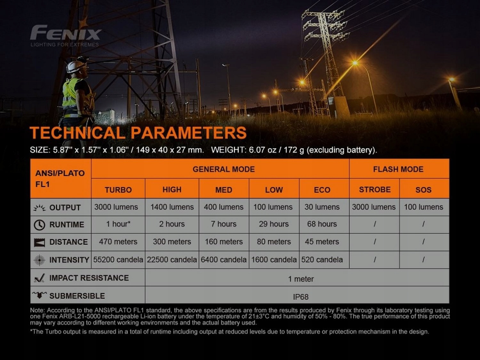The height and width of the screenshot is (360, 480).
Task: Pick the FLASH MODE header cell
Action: tap(399, 169)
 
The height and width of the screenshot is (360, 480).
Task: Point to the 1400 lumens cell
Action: tap(172, 207)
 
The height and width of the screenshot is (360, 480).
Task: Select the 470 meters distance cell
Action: tap(118, 241)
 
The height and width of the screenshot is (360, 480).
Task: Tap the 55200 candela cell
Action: tap(118, 260)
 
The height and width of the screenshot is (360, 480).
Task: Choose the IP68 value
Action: tap(301, 297)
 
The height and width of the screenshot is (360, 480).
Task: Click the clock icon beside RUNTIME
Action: tap(39, 225)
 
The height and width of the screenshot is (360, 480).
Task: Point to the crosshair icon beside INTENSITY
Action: tap(39, 260)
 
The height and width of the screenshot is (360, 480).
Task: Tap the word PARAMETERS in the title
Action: tap(188, 133)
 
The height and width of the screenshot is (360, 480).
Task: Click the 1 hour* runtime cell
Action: tap(118, 224)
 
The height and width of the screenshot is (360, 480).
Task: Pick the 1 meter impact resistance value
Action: tap(301, 279)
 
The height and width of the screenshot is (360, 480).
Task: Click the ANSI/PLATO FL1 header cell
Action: tap(60, 179)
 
